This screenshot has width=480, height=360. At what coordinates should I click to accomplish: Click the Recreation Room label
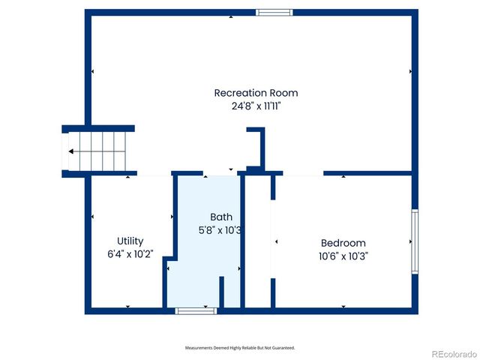[x=256, y=93]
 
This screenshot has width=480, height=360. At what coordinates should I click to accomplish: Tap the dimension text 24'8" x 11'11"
[x=256, y=106]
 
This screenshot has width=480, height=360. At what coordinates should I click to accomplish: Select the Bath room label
[x=220, y=217]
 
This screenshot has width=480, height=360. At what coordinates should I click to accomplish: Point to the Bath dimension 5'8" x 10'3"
[x=220, y=230]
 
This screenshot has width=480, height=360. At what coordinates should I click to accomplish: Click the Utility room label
[x=130, y=241]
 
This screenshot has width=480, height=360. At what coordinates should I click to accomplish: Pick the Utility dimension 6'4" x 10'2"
[x=130, y=254]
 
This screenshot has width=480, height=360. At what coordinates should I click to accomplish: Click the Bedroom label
[x=343, y=243]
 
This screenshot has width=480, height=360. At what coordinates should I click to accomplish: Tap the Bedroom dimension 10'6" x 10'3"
[x=343, y=256]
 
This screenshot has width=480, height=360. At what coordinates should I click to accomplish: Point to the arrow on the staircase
[x=70, y=151]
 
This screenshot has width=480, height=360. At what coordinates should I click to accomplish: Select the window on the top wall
[x=273, y=12]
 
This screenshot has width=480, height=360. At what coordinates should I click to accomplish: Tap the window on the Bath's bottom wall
[x=196, y=310]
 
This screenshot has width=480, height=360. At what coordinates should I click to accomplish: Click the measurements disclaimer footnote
[x=240, y=348]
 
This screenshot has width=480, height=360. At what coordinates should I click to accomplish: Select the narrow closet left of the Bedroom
[x=258, y=240]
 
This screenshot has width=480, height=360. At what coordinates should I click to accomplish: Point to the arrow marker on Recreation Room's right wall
[x=410, y=71]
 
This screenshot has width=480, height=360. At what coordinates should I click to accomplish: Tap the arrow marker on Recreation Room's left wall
[x=92, y=71]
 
